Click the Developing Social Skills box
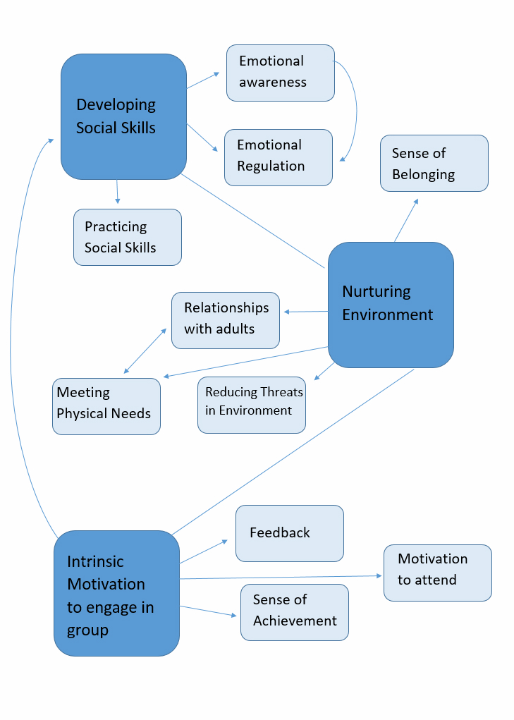coord(123,116)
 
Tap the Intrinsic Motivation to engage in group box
coord(116,593)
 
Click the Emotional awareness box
coord(280,73)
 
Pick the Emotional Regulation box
coord(278,157)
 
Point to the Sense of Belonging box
coord(434,163)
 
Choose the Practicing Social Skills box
coord(127,237)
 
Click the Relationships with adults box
coord(225,320)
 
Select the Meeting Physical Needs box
coord(106,406)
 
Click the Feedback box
coord(289,533)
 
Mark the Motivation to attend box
coord(437,572)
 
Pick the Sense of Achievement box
coord(294,612)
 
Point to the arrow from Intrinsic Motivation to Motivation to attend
coord(282,577)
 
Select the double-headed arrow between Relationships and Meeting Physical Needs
coord(146,350)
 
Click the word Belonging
coord(423,174)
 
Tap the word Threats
coord(281,392)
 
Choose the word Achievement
coord(295,621)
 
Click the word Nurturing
coord(376,292)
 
